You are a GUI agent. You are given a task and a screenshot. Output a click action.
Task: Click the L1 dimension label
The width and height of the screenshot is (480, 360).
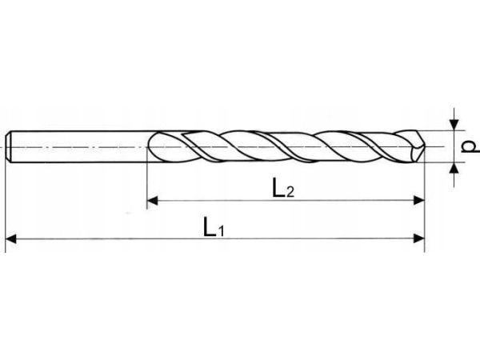click(214, 228)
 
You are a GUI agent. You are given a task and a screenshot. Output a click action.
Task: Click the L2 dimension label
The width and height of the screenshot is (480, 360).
click(283, 188)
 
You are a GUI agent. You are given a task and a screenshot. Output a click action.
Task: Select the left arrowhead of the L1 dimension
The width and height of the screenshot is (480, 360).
click(10, 238)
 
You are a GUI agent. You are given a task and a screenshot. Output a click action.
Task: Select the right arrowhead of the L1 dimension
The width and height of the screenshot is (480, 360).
click(419, 238)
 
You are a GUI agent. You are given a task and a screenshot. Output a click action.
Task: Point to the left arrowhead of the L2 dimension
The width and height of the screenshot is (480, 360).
click(153, 201)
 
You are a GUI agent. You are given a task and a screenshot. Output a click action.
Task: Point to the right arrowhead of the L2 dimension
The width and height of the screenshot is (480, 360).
click(419, 201)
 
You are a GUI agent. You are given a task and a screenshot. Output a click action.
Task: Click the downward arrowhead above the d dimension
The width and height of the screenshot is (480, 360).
click(454, 125)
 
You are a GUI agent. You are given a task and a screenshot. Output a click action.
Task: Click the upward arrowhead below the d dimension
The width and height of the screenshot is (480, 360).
click(454, 168)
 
